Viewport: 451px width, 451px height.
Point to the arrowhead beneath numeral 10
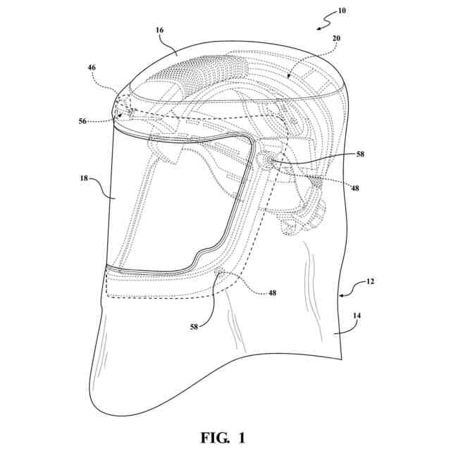pos(319,27)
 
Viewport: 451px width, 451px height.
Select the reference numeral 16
pos(160,31)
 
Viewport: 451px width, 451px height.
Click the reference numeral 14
pos(357,317)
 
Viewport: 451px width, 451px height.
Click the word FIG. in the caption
pos(207,438)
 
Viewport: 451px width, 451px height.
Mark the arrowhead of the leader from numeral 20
pos(290,74)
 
